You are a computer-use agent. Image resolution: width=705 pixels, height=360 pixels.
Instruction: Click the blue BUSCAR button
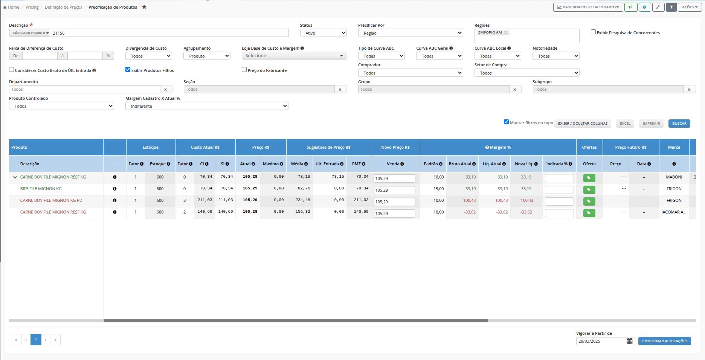[679, 124]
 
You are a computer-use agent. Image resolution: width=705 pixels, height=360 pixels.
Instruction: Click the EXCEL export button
[625, 124]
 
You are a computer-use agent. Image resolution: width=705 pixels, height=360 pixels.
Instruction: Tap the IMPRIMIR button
[651, 124]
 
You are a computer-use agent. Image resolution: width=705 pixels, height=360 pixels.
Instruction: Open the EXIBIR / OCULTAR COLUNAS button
[583, 124]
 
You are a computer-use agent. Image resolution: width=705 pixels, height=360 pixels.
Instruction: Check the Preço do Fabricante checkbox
[244, 70]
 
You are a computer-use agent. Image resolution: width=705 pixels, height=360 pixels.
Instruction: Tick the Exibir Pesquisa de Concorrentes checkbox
[593, 32]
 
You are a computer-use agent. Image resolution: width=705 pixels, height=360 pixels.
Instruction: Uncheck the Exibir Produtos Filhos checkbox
[128, 70]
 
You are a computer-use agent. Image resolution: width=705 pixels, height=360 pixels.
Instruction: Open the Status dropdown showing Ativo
[323, 33]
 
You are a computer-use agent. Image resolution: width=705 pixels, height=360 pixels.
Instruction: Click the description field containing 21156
[169, 33]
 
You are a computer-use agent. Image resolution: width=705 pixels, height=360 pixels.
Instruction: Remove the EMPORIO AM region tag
[506, 32]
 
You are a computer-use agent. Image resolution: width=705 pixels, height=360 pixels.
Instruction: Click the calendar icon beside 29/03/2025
[630, 341]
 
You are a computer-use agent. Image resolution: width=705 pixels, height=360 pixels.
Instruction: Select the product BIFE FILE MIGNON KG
[41, 189]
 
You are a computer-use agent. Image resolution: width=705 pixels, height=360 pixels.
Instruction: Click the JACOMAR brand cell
[674, 212]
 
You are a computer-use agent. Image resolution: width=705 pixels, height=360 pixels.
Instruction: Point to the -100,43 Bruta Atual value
[468, 200]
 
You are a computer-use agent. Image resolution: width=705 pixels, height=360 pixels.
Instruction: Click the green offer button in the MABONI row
[589, 178]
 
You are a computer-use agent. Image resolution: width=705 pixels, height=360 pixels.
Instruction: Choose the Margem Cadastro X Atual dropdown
[207, 106]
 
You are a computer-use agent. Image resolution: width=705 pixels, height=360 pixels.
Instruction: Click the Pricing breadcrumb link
[32, 7]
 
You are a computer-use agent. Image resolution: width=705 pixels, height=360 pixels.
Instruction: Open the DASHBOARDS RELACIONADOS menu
[588, 7]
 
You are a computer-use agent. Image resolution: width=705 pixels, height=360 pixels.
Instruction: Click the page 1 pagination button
[36, 340]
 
